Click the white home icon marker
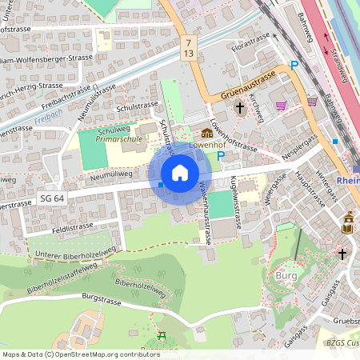(x=180, y=173)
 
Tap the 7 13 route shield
(x=188, y=46)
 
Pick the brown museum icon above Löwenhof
(x=207, y=133)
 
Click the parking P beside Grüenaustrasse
(x=294, y=66)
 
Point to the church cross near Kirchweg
(x=238, y=107)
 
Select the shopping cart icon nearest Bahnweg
(x=311, y=102)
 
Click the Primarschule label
(x=118, y=138)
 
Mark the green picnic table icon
(x=162, y=336)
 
